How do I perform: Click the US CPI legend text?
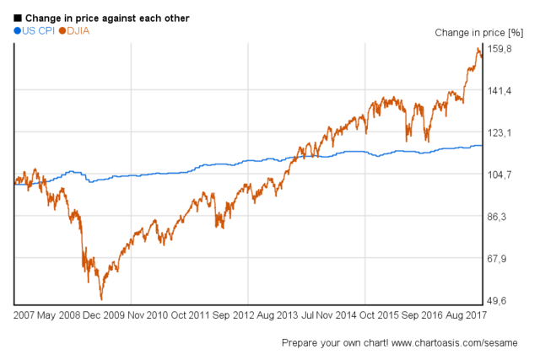point(39,30)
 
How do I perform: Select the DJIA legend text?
point(78,30)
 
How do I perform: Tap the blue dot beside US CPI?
point(18,30)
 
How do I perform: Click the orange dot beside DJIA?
point(62,30)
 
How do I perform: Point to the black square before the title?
point(18,18)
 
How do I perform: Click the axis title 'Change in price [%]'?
point(478,33)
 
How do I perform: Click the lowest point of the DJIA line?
point(101,299)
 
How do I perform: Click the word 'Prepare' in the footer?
point(301,343)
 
